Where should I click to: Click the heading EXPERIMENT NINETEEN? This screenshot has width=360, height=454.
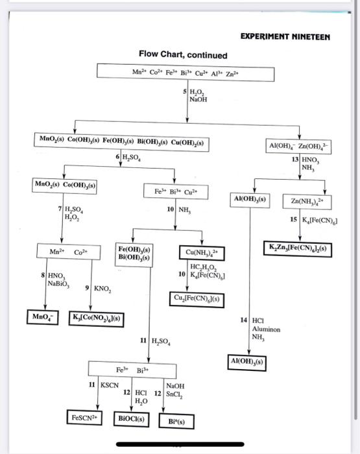click(x=285, y=37)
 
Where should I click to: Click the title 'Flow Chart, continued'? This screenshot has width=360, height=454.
click(x=182, y=54)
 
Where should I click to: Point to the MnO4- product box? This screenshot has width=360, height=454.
click(x=45, y=317)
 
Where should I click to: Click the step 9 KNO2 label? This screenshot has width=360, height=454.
click(x=100, y=288)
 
